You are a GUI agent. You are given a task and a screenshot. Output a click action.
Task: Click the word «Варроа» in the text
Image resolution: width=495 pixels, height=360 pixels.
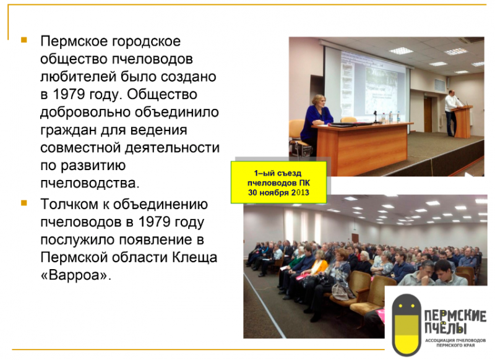(x=75, y=275)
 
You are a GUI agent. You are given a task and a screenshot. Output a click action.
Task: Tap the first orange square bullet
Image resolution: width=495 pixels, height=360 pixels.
(x=24, y=40)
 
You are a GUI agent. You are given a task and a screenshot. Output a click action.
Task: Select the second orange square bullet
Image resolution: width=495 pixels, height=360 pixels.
(x=24, y=203)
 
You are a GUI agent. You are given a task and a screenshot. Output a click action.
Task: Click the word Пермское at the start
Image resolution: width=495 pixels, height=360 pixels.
(x=74, y=41)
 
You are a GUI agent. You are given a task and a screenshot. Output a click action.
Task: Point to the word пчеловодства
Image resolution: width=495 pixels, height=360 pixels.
(x=90, y=183)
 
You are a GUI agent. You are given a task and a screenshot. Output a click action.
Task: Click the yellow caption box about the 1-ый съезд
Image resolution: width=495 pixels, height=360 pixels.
(x=278, y=182)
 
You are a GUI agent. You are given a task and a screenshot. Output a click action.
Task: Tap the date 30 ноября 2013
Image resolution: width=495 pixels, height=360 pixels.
(x=278, y=192)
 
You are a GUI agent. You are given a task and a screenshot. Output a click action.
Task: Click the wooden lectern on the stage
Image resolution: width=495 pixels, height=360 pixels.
(x=462, y=122)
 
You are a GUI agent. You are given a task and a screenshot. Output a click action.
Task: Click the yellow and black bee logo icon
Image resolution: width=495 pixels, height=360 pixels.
(x=407, y=325)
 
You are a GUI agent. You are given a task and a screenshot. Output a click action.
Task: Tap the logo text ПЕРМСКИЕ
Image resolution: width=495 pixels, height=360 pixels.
(x=455, y=316)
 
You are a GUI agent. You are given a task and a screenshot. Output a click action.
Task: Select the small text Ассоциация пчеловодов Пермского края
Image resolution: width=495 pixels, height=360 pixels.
(x=455, y=343)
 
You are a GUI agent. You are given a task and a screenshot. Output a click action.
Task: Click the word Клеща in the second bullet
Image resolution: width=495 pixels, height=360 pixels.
(x=194, y=257)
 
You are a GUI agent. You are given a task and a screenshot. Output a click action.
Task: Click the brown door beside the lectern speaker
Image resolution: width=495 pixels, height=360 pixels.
(x=428, y=114)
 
